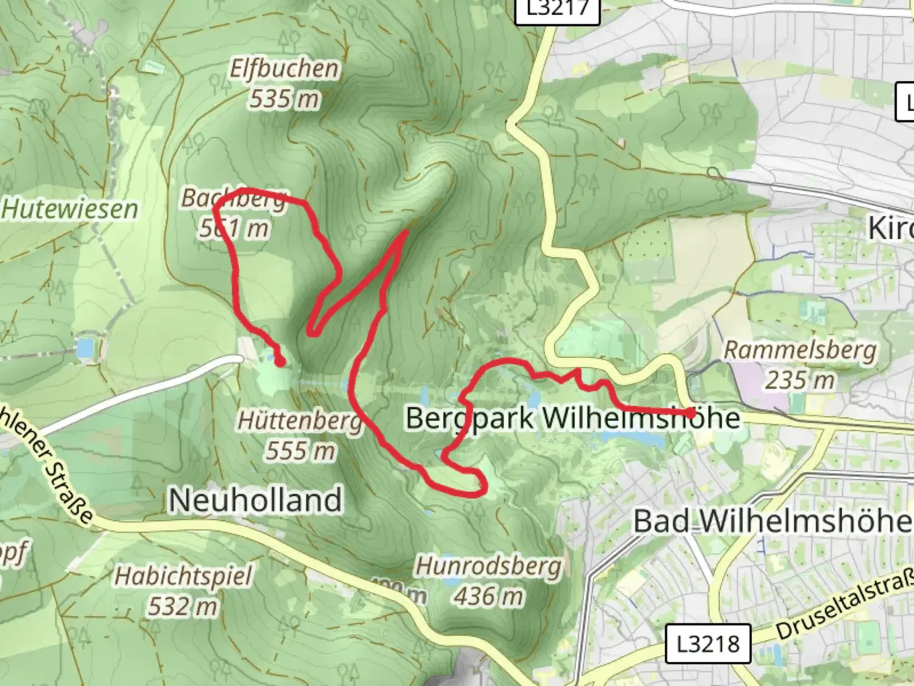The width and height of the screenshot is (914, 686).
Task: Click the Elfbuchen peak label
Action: pos(284,69)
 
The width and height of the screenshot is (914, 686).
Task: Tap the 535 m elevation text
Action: pos(284,99)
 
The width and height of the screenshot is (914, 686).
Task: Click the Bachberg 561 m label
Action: pos(234,213)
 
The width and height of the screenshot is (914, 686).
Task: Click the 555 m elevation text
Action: pos(300,451)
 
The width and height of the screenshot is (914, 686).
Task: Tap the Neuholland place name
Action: pos(255,501)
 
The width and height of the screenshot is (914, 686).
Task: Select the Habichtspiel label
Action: pos(183,577)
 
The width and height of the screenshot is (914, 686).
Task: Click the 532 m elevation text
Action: pos(183,607)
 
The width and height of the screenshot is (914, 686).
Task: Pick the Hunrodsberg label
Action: pos(489,567)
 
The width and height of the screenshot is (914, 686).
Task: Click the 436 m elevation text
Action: pos(489,596)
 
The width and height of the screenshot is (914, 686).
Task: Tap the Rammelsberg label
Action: pos(800,350)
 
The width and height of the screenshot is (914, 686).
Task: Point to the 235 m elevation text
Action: pos(800,380)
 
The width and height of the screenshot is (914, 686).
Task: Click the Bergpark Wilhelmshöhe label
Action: pos(573,419)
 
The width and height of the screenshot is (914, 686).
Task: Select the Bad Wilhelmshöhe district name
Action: pos(773,522)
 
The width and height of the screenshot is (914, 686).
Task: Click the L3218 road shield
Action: pos(708,643)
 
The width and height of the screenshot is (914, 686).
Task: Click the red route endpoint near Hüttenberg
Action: pos(280,362)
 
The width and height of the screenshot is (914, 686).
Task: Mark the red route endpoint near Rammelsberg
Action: pos(691,413)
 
